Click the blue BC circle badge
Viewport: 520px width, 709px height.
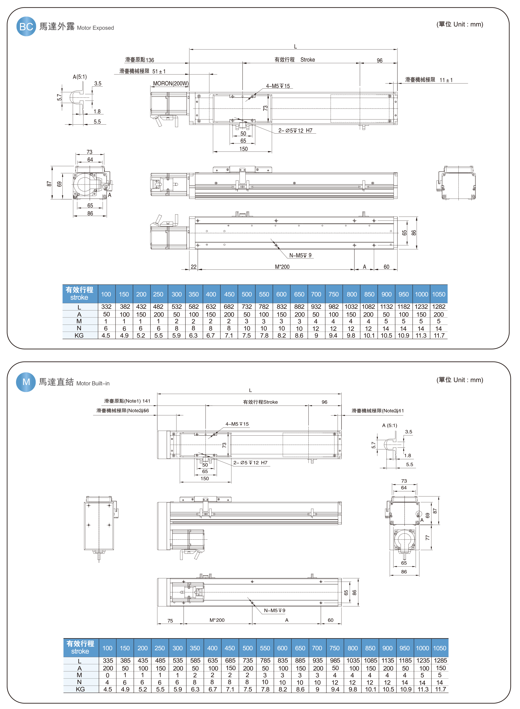(26, 26)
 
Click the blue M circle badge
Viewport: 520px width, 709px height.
(26, 382)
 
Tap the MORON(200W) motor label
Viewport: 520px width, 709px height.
(171, 84)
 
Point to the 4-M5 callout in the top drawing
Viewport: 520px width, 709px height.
(278, 86)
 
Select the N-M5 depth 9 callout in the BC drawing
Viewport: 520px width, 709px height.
(300, 255)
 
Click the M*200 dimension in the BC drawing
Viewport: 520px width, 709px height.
(282, 267)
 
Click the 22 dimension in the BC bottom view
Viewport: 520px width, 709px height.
(194, 267)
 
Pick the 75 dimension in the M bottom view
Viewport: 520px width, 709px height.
(170, 620)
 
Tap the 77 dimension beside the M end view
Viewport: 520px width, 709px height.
(428, 538)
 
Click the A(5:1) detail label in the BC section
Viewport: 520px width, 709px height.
(80, 77)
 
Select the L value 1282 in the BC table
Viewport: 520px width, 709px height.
(439, 307)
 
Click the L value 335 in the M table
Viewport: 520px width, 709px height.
(108, 661)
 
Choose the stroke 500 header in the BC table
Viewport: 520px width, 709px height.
(247, 294)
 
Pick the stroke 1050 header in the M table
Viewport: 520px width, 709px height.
(440, 648)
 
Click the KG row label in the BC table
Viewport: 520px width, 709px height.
(79, 336)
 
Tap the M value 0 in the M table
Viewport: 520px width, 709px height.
(108, 675)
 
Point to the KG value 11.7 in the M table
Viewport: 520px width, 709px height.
(440, 690)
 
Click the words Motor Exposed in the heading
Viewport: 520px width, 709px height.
(95, 28)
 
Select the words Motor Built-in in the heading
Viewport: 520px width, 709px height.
(93, 383)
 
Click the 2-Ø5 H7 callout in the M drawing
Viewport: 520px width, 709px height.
(250, 463)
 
